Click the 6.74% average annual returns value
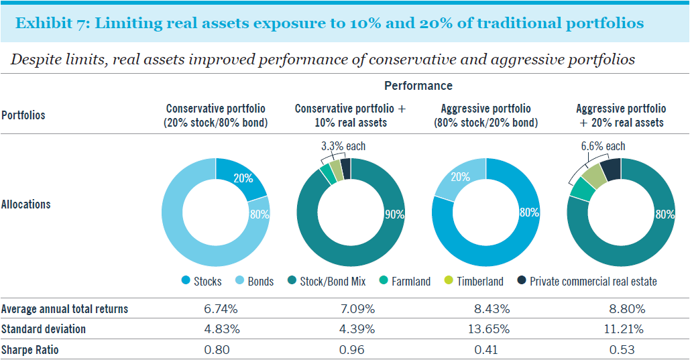click(x=221, y=309)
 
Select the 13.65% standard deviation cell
click(x=488, y=329)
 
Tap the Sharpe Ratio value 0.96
click(x=351, y=350)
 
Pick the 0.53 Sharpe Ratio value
click(x=622, y=350)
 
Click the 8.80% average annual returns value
click(x=626, y=309)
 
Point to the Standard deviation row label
click(x=43, y=329)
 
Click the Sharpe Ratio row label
click(x=30, y=350)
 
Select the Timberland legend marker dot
click(x=449, y=280)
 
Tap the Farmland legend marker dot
click(x=384, y=280)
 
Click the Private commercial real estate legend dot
click(x=522, y=280)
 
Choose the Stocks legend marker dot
click(x=186, y=280)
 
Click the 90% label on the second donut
click(x=394, y=215)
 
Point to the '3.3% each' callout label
click(x=343, y=146)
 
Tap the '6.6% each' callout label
click(x=603, y=146)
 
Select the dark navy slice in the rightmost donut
click(x=612, y=170)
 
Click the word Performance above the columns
click(x=418, y=85)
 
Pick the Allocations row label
click(x=25, y=204)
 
